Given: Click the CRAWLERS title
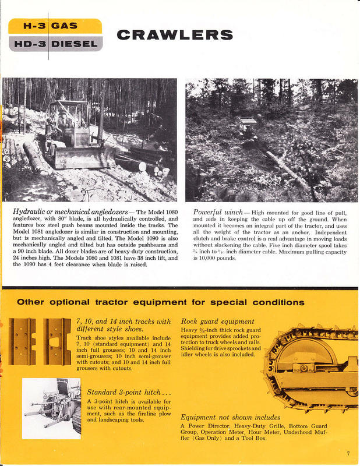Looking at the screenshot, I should pos(175,34).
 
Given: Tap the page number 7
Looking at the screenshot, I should pos(348,453).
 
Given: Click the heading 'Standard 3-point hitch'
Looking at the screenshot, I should pos(127,391).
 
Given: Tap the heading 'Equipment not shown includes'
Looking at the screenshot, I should pos(230,417).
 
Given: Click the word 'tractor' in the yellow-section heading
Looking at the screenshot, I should pos(114,302).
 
